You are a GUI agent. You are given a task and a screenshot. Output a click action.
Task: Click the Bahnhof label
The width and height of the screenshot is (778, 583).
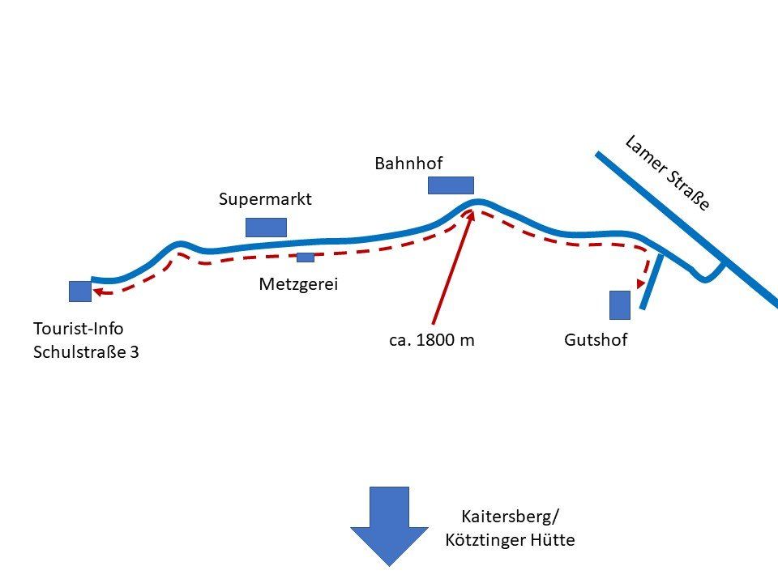408,164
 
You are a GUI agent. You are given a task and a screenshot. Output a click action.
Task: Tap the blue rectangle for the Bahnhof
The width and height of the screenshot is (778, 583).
451,185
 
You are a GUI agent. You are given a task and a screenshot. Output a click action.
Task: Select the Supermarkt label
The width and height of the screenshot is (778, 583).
265,199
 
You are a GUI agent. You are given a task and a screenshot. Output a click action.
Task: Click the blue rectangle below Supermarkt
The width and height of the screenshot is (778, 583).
266,227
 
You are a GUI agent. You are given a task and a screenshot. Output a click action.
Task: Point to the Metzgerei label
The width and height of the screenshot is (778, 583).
297,284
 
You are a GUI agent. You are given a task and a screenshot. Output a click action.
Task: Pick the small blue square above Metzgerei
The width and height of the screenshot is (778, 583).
306,257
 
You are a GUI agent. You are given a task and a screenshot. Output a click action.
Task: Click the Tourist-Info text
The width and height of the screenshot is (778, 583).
79,329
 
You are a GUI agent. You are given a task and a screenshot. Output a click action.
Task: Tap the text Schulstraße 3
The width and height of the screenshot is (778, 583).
86,352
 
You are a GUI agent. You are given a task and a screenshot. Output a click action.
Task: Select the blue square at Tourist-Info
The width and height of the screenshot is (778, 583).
80,291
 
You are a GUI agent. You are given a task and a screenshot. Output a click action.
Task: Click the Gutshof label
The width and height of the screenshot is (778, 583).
596,341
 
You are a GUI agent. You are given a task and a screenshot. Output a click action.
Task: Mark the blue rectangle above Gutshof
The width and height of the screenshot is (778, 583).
620,304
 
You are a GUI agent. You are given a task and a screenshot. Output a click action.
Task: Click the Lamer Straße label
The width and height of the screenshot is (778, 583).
668,173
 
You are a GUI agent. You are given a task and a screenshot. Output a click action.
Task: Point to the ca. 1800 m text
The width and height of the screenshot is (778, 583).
432,341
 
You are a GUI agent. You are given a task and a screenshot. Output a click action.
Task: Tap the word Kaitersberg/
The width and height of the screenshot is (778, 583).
511,517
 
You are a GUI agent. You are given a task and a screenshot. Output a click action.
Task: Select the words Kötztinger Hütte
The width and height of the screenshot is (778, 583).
510,540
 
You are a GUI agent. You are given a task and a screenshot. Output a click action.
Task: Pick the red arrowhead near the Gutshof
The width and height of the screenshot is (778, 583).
642,283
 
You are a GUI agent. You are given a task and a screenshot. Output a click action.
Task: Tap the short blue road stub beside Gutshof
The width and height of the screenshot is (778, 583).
652,282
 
